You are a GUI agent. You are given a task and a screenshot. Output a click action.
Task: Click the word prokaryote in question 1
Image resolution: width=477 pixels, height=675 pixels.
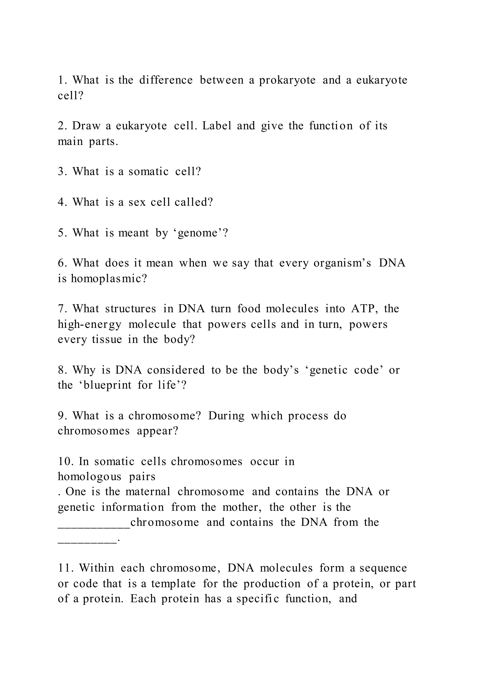click(x=287, y=80)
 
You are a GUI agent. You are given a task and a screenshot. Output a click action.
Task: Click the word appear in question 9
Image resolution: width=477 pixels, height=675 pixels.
click(x=157, y=431)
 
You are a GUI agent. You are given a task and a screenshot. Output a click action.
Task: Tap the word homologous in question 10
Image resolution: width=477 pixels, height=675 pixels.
click(x=89, y=477)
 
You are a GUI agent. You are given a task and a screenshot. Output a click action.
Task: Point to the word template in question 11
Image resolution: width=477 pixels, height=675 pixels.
click(x=173, y=584)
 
